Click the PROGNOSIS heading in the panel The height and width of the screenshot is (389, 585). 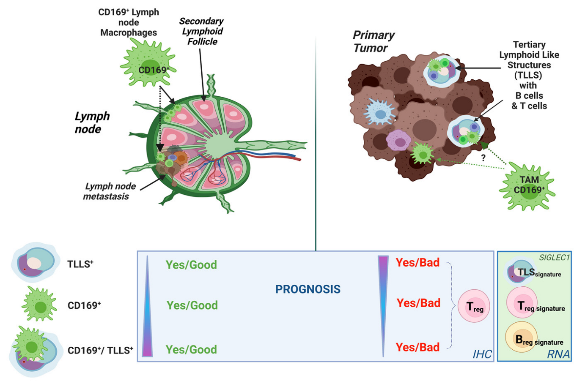(308, 289)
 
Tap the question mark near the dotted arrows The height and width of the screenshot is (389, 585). (483, 158)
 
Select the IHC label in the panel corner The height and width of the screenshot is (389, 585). (482, 354)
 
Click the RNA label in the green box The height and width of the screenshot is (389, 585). (558, 354)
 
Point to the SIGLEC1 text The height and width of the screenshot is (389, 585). (554, 257)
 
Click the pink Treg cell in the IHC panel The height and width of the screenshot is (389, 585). (474, 306)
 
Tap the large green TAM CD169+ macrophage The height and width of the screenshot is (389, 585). (527, 186)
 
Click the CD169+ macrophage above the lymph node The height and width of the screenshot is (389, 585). (148, 63)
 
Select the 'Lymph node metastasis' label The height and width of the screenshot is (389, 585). (108, 191)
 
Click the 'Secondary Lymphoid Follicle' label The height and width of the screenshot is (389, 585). (202, 31)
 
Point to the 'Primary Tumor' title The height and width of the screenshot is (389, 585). (374, 41)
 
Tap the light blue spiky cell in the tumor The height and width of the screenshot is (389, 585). (380, 113)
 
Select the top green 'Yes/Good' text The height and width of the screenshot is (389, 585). (191, 265)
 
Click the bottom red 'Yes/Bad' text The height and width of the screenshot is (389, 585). (417, 347)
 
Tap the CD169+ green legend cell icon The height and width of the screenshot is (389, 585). (39, 304)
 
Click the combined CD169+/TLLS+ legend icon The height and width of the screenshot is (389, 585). (35, 351)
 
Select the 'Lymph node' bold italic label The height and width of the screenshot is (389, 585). (92, 122)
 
